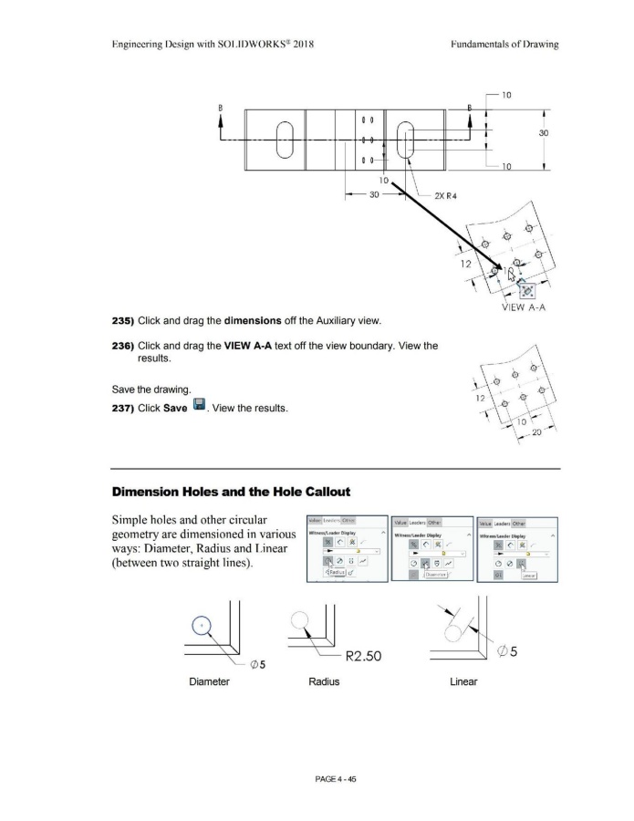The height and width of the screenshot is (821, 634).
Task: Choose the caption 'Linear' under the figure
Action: tap(463, 681)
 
